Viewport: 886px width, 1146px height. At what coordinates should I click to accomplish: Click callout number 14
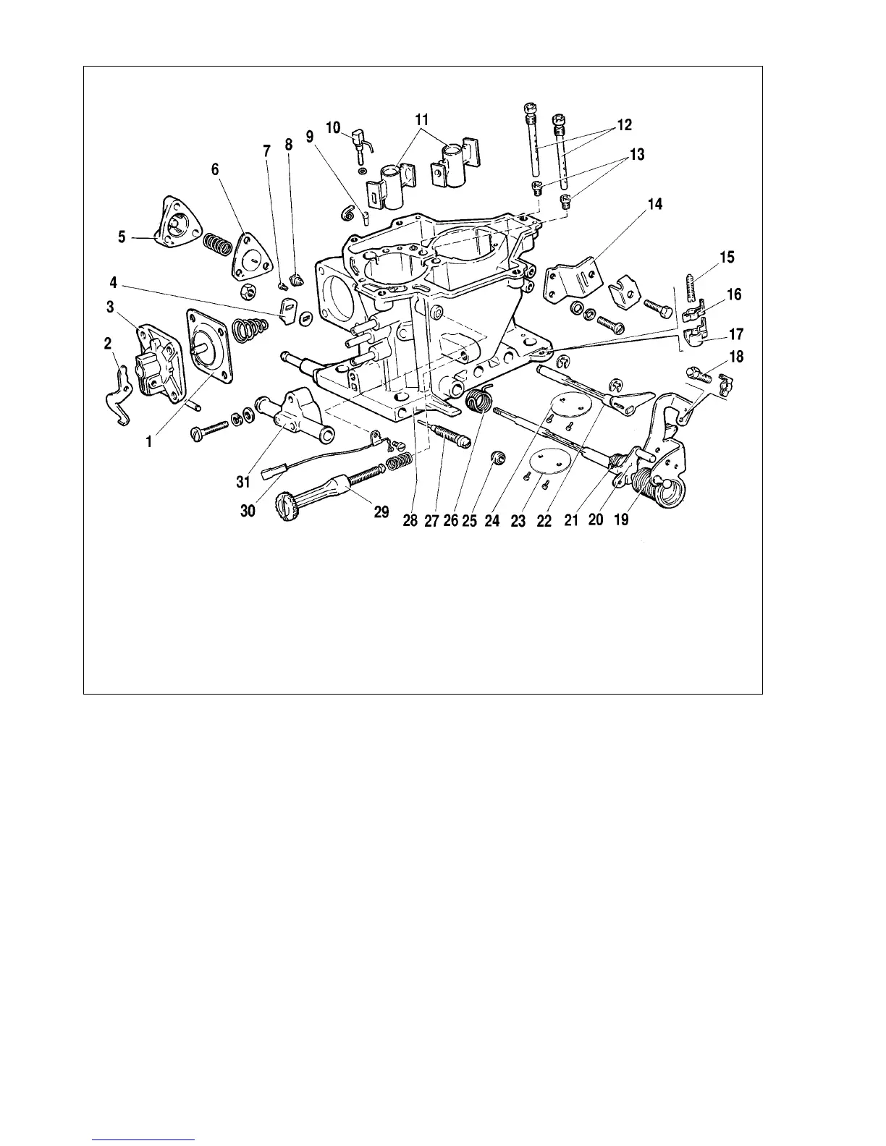coord(654,205)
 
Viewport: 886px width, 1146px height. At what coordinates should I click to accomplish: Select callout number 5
coord(122,237)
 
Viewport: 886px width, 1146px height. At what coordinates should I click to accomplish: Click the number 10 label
coord(333,127)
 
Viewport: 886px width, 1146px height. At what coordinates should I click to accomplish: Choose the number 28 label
coord(410,519)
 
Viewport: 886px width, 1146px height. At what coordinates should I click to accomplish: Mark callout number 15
coord(726,257)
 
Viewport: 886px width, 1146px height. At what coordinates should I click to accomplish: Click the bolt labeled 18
coord(701,374)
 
